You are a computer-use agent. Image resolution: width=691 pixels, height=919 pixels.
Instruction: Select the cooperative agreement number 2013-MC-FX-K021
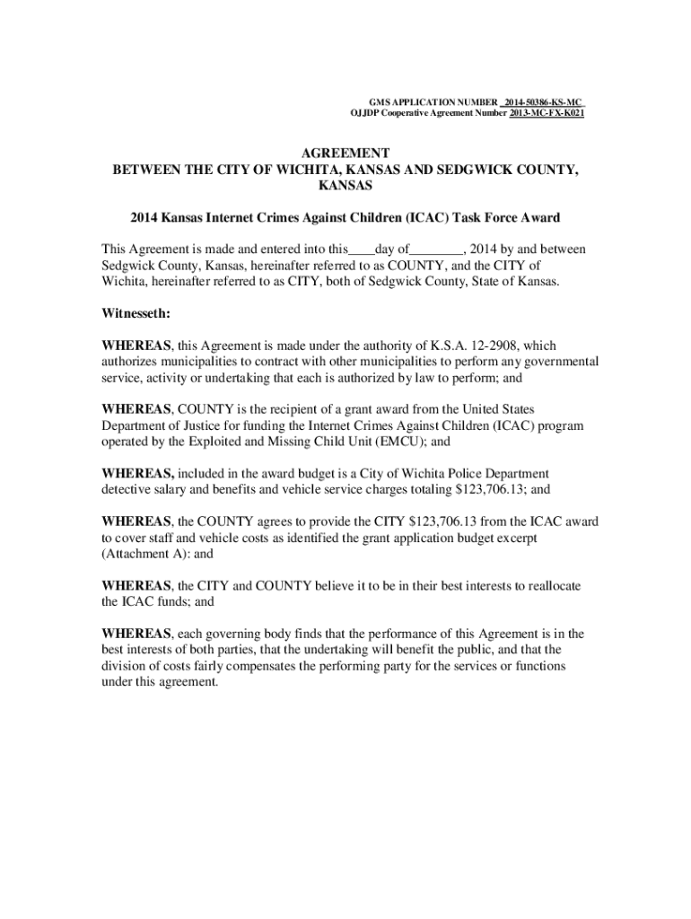[547, 114]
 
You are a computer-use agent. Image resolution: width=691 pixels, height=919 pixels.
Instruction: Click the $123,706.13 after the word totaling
[489, 489]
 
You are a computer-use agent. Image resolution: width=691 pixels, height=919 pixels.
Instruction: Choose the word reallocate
[548, 585]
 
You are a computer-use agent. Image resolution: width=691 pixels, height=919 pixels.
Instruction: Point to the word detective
[128, 489]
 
